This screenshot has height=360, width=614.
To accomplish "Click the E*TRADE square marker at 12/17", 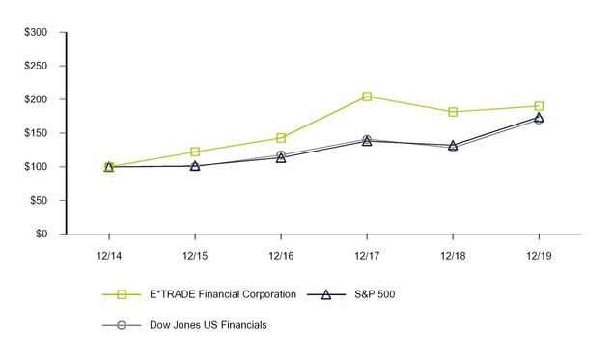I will coord(367,97).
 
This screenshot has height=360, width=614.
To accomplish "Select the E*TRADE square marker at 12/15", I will coord(195,152).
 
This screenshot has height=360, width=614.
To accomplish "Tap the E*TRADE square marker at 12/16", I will coord(281,138).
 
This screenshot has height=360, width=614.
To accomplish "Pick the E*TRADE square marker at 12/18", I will coord(453,112).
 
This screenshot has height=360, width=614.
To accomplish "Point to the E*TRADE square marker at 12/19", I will coord(539,106).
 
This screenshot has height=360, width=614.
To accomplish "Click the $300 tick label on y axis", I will coord(36,33).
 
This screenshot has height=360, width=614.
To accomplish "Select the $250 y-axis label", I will coord(36,67).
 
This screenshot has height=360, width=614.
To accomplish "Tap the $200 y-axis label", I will coord(36,99).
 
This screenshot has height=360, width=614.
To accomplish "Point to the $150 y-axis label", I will coord(36,133).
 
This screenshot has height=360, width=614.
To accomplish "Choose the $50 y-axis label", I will coord(39,201).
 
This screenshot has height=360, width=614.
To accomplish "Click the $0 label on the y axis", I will coord(42,234).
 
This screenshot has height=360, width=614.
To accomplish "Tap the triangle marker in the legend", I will coord(326,294).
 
